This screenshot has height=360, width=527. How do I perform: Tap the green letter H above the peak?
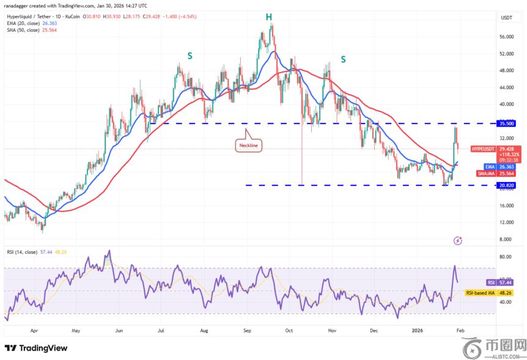click(x=268, y=17)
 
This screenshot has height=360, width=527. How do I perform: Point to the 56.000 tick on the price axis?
click(x=507, y=37)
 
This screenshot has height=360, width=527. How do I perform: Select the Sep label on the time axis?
click(x=247, y=331)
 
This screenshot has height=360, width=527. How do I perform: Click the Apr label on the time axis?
click(x=34, y=331)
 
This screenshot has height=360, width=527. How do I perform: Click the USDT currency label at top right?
click(x=506, y=18)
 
